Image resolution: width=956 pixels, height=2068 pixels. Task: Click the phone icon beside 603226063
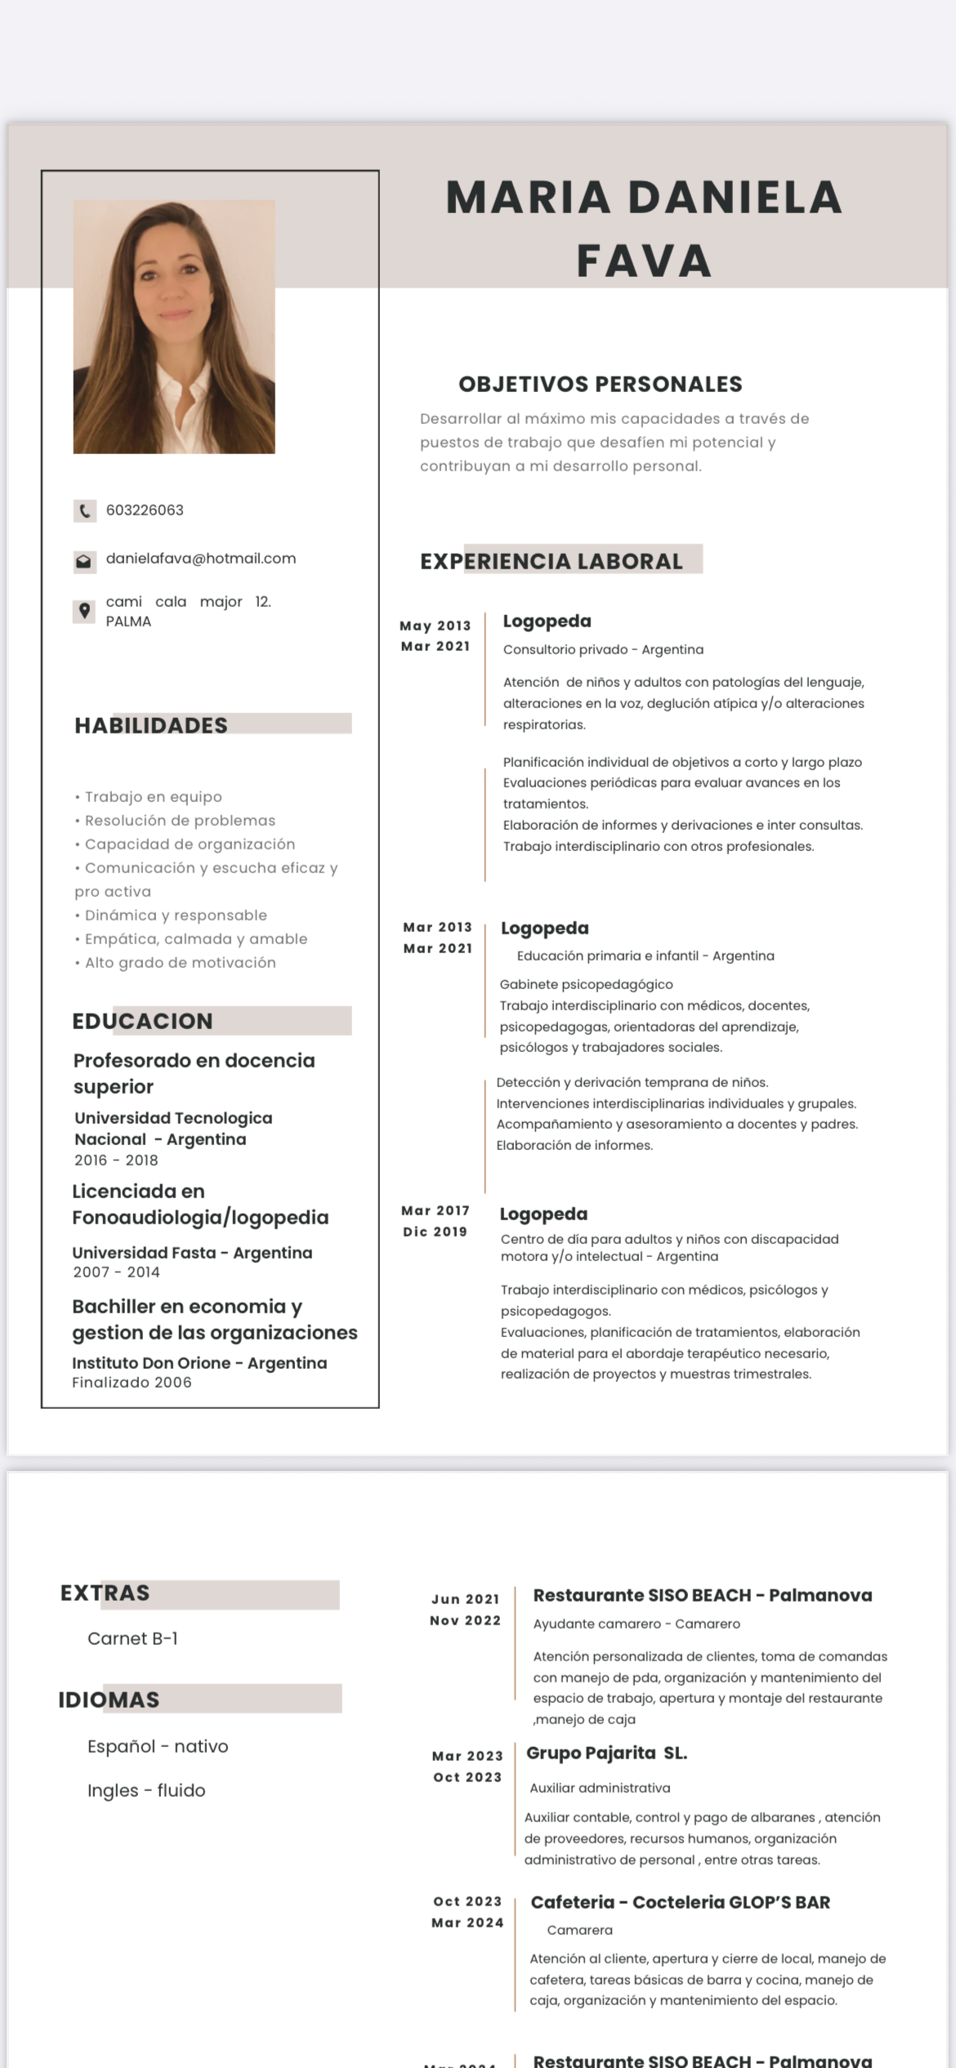point(84,511)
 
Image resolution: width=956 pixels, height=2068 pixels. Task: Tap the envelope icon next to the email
point(83,561)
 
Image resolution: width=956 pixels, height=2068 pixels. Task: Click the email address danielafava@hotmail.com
point(201,559)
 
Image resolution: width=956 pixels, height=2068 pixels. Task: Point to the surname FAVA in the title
point(644,261)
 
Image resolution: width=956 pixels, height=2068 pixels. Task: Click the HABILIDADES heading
point(151,725)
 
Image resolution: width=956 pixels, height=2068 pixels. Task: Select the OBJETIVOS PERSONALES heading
point(601,384)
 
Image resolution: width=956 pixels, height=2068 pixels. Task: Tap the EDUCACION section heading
point(143,1021)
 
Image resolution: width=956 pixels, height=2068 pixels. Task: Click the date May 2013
point(436,626)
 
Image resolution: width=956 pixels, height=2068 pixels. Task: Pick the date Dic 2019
point(435,1232)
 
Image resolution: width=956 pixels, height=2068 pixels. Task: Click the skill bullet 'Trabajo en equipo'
point(153,796)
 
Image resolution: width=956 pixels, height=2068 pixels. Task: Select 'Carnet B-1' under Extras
point(132,1638)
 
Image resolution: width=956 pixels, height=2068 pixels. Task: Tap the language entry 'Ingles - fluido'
point(146,1790)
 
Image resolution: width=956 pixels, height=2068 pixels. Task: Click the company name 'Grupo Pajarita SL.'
point(606,1753)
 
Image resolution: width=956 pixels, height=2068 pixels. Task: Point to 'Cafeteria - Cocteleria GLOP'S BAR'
point(680,1902)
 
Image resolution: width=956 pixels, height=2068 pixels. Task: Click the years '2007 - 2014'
point(117,1272)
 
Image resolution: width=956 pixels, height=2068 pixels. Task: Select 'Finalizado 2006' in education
point(132,1382)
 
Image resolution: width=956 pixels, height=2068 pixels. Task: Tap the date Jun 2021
point(466,1599)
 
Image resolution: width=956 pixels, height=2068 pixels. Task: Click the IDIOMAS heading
point(109,1700)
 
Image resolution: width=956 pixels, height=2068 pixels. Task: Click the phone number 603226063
point(145,510)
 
